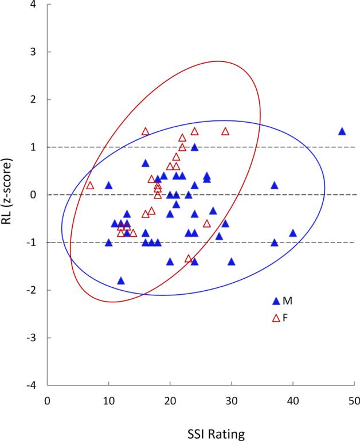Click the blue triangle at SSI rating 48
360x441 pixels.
point(342,131)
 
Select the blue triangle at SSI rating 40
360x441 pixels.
point(293,233)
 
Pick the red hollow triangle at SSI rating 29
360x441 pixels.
point(225,131)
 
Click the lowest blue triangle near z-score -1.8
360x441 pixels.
point(121,280)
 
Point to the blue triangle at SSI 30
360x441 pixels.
point(232,262)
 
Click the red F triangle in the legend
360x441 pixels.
point(276,317)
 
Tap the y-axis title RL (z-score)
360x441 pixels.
point(12,195)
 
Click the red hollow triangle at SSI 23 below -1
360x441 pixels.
point(189,259)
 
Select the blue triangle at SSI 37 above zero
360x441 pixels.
point(275,185)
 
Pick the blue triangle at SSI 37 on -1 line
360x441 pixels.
point(275,243)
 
